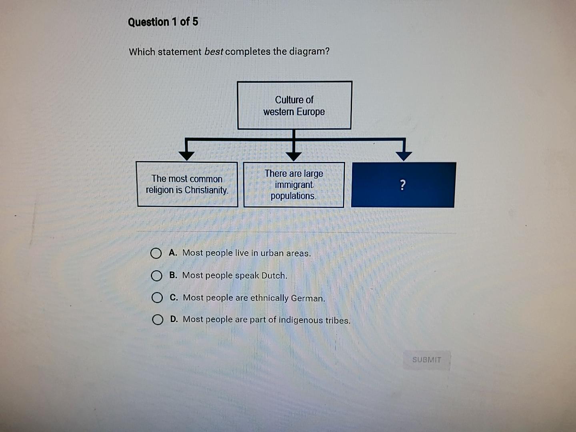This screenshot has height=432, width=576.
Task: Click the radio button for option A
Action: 156,253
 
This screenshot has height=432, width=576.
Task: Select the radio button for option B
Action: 156,276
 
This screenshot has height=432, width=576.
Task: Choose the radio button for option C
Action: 157,298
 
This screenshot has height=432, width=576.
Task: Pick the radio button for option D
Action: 157,320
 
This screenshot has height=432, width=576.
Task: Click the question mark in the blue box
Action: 403,185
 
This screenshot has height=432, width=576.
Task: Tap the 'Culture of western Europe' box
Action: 294,106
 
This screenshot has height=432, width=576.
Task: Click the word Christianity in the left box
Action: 206,190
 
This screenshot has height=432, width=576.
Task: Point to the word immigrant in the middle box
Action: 294,185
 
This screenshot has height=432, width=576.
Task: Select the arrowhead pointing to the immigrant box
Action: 295,156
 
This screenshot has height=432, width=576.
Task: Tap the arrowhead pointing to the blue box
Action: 404,156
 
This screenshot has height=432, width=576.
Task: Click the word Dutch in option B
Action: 274,276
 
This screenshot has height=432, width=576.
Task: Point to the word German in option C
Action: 308,298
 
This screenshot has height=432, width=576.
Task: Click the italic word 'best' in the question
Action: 214,52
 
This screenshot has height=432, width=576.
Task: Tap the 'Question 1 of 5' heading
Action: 163,22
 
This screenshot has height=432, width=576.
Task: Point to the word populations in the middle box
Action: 293,196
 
